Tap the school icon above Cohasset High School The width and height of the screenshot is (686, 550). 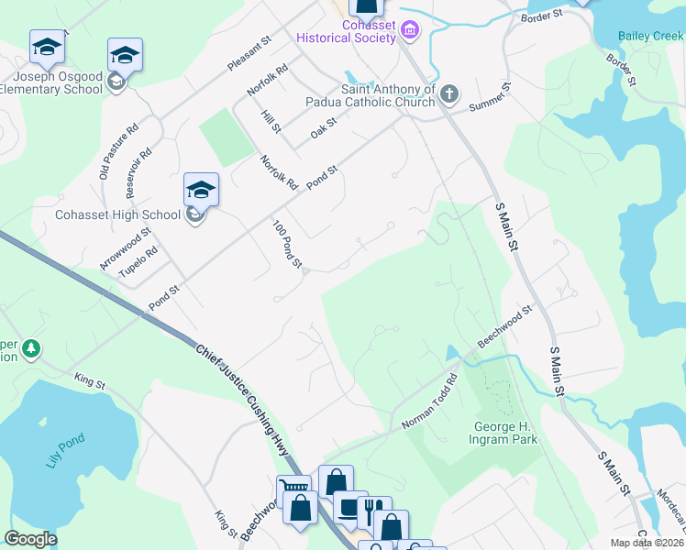[x=201, y=190]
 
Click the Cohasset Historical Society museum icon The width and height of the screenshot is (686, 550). [x=410, y=32]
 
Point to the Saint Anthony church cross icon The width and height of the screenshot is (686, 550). [x=448, y=93]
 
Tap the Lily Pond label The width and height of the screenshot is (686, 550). [x=63, y=449]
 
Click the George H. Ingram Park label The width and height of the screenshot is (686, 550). [x=505, y=433]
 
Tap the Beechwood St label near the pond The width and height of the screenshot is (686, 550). [x=503, y=328]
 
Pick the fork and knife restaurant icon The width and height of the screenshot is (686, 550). [x=375, y=511]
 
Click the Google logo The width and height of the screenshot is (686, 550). [x=30, y=539]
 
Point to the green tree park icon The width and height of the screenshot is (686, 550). [x=31, y=349]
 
